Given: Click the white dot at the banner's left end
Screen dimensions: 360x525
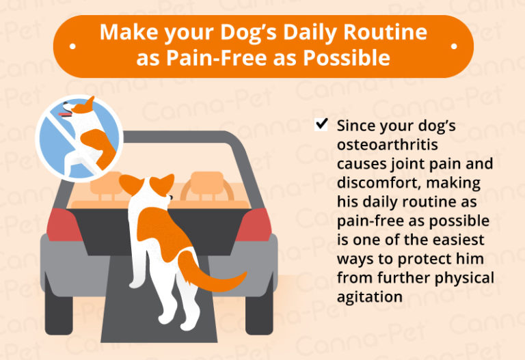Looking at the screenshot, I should point(72,46).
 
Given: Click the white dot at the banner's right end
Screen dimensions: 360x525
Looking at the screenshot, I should point(454,46).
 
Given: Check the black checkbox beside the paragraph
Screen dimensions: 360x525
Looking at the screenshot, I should point(321,126).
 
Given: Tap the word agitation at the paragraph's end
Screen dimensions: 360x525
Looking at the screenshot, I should point(370,297).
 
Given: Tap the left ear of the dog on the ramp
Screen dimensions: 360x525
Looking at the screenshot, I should point(129,184).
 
